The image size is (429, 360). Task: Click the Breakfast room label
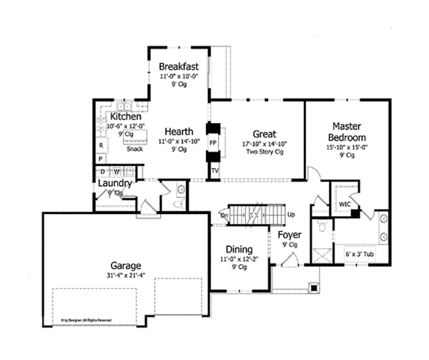(x=179, y=66)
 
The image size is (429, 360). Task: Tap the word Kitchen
(x=125, y=116)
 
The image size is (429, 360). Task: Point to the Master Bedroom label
(x=347, y=132)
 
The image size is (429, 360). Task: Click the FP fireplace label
(x=212, y=142)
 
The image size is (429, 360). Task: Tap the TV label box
(x=214, y=170)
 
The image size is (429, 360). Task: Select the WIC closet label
(x=344, y=203)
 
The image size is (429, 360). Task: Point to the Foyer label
(x=289, y=235)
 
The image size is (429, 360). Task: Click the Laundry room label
(x=114, y=183)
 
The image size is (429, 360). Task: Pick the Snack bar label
(x=134, y=150)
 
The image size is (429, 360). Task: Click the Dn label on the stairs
(x=224, y=215)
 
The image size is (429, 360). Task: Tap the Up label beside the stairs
(x=290, y=215)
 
